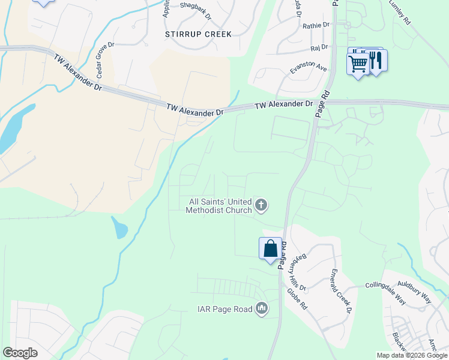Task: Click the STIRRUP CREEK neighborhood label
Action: pos(197,34)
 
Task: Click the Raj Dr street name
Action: pos(319,47)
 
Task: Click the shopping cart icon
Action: pos(358,62)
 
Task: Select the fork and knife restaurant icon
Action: pos(376,61)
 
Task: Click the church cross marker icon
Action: pos(261,206)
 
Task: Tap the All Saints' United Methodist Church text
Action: pos(218,206)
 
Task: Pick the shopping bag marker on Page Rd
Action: pos(270,248)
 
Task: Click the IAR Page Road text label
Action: pos(224,310)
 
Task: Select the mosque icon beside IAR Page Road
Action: pos(261,309)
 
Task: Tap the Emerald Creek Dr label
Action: pos(340,290)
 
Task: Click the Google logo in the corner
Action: pos(20,353)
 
